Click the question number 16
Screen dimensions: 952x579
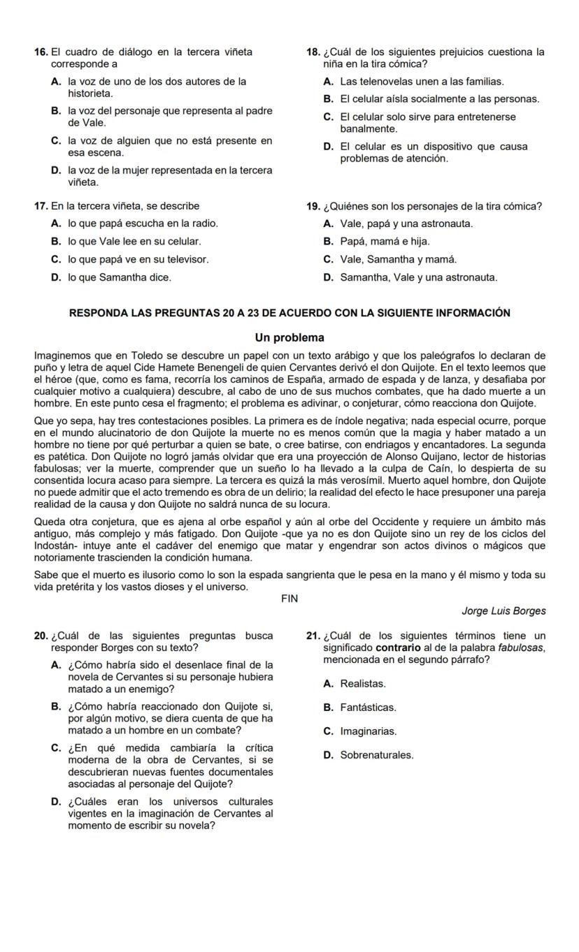pyautogui.click(x=41, y=52)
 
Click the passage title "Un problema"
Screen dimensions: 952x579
pyautogui.click(x=289, y=337)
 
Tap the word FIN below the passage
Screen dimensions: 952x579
pyautogui.click(x=289, y=599)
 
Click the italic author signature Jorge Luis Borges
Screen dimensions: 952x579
pyautogui.click(x=503, y=611)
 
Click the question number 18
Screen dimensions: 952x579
pyautogui.click(x=313, y=52)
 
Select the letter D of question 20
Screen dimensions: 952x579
pyautogui.click(x=55, y=802)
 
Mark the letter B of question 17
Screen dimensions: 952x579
pyautogui.click(x=55, y=242)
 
